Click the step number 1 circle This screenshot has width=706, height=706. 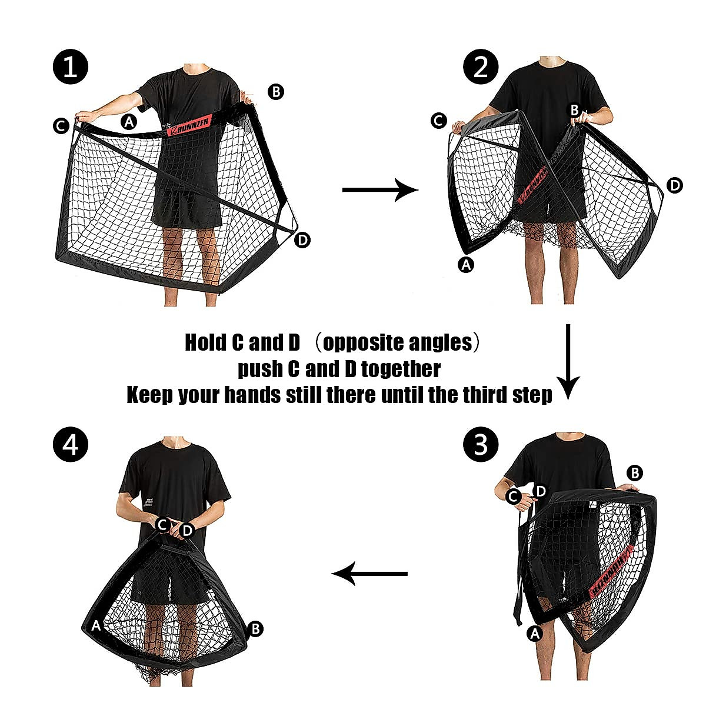[71, 67]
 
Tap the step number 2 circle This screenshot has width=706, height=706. [481, 67]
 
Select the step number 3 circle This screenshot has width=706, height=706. [481, 444]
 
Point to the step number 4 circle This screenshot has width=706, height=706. [71, 444]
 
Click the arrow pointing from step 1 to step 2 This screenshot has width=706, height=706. [380, 190]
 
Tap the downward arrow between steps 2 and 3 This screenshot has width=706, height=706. [568, 362]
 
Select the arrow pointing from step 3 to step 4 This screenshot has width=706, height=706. [369, 574]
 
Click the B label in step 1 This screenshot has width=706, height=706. [276, 92]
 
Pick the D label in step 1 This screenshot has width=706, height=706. [302, 240]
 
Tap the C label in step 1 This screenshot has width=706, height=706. [61, 126]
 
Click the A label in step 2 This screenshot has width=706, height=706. [466, 264]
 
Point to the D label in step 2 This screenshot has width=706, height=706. [675, 185]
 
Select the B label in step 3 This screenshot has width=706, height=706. [635, 473]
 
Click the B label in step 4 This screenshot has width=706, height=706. [255, 629]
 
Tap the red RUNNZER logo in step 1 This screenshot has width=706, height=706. [189, 126]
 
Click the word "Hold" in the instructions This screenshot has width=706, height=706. [206, 342]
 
